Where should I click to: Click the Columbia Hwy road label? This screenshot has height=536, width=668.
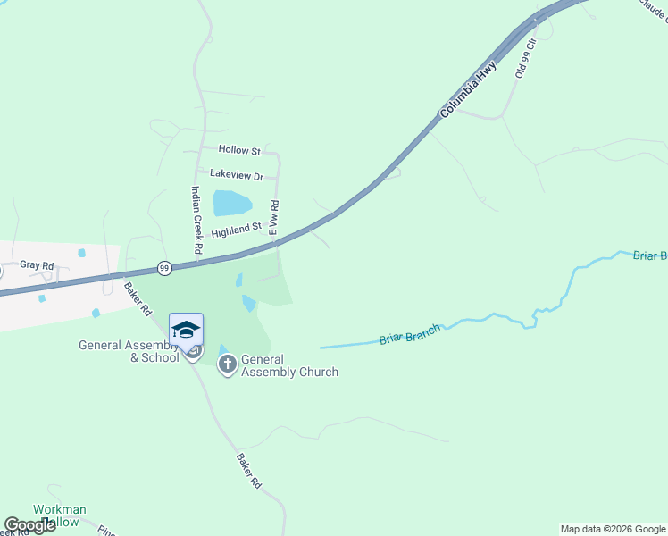[x=467, y=90]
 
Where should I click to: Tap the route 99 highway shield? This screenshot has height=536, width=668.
[x=163, y=268]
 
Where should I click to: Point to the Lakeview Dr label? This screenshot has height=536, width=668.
[x=237, y=176]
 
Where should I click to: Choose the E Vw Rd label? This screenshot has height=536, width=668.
[x=275, y=219]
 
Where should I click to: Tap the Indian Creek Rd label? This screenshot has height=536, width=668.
[x=196, y=218]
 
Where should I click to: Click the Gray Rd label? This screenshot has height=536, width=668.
[x=37, y=266]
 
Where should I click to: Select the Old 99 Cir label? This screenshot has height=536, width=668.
[x=524, y=57]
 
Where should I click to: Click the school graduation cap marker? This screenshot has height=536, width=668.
[x=186, y=331]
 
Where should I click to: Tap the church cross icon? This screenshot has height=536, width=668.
[x=228, y=364]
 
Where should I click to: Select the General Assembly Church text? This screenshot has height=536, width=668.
[x=289, y=365]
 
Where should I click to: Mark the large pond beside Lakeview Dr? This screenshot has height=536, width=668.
[x=232, y=203]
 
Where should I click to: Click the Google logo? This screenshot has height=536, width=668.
[x=29, y=525]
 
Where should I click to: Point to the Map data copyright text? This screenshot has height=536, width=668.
[x=613, y=529]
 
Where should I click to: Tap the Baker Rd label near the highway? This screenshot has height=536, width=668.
[x=138, y=300]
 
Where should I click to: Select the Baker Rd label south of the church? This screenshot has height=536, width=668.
[x=248, y=470]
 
